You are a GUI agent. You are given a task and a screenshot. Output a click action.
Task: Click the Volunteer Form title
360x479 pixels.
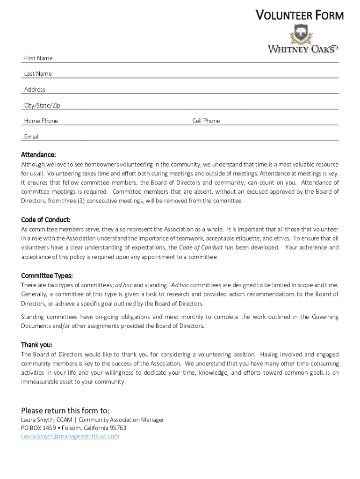299,15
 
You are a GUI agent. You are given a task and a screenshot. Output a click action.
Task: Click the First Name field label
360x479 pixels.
38,58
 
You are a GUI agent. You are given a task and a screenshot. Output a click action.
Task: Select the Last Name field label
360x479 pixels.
38,73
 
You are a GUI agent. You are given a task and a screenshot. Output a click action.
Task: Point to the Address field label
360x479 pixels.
35,89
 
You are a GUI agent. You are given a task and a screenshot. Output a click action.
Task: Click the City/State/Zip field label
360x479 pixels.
42,105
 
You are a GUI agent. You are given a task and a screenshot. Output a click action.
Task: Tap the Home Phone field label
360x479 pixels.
41,121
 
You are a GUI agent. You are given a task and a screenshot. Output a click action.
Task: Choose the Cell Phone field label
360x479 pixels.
206,121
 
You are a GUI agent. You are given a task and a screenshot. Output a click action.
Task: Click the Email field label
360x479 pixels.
31,137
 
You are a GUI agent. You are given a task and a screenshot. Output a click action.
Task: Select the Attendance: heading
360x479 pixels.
38,154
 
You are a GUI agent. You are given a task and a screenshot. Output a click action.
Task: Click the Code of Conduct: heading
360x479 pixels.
46,219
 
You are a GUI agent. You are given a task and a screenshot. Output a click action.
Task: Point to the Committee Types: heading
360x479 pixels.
47,276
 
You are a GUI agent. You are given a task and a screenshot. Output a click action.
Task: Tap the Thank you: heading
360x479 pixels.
36,345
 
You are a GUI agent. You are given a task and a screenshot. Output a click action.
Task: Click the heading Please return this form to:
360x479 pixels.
65,411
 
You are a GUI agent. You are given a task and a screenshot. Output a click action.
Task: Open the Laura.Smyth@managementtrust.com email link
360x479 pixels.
70,436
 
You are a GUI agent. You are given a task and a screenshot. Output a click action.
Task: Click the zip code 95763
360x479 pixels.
117,428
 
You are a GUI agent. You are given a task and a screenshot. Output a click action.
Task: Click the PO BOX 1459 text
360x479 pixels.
38,428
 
